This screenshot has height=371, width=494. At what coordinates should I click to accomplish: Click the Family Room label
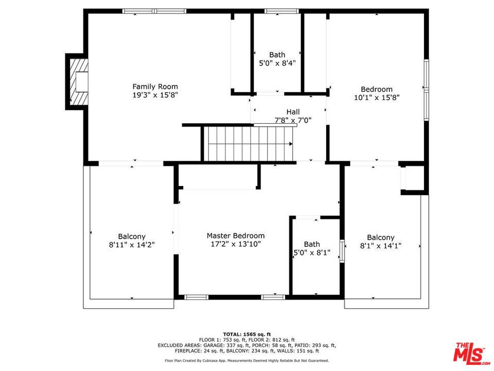[155, 87]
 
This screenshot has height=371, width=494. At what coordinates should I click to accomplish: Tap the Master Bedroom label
[236, 235]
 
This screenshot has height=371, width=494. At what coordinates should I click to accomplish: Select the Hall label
[293, 112]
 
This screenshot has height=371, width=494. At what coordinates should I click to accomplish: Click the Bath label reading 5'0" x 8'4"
[277, 59]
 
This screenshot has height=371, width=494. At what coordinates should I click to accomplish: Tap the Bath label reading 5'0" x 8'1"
[312, 248]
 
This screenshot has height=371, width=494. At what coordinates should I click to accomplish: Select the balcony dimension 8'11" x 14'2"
[132, 244]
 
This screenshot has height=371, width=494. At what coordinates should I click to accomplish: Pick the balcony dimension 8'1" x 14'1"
[381, 245]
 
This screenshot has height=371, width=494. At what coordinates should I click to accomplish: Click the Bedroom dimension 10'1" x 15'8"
[377, 97]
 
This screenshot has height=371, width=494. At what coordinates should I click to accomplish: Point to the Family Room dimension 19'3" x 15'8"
[155, 95]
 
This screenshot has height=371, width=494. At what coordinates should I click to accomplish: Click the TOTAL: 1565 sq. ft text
[247, 334]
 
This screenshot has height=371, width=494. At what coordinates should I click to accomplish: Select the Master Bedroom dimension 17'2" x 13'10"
[236, 244]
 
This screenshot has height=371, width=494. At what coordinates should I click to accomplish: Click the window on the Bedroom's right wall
[426, 90]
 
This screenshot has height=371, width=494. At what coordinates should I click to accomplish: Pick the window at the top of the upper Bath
[281, 11]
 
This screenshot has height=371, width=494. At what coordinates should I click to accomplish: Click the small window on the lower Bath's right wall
[342, 251]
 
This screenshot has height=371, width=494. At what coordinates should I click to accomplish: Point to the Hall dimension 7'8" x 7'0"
[293, 120]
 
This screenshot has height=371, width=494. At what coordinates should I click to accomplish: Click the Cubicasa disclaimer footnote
[247, 360]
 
